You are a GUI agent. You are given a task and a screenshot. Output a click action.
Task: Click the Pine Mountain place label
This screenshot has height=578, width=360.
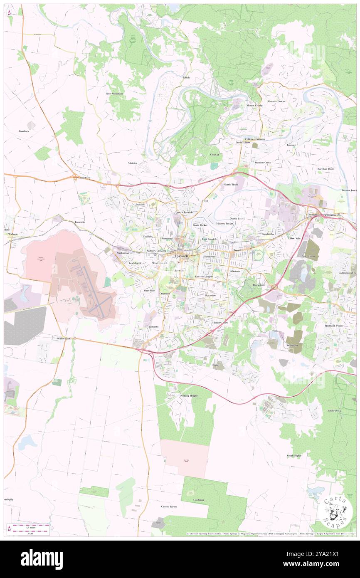pos(114,94)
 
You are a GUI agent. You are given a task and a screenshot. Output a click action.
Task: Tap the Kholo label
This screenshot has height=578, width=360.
pos(187,78)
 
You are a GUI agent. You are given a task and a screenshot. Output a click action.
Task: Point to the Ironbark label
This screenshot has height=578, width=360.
pos(24,131)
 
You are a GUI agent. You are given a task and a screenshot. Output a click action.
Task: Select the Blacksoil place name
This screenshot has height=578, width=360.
pos(85,178)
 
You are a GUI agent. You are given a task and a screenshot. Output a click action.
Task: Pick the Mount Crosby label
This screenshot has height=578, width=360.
pos(254,106)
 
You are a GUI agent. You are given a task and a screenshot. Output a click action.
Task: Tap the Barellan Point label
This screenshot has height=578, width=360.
pos(325,169)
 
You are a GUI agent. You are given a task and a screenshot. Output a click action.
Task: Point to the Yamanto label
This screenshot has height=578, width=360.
pos(154,327)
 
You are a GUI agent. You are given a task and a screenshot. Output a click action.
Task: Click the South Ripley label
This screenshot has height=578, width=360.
pos(294,455)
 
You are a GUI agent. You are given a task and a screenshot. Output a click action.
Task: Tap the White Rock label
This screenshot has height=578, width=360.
pos(334,410)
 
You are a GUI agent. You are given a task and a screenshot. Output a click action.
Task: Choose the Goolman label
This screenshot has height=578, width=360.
pos(198,500)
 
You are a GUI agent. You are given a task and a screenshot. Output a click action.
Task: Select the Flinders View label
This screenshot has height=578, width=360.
pos(220,322)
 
